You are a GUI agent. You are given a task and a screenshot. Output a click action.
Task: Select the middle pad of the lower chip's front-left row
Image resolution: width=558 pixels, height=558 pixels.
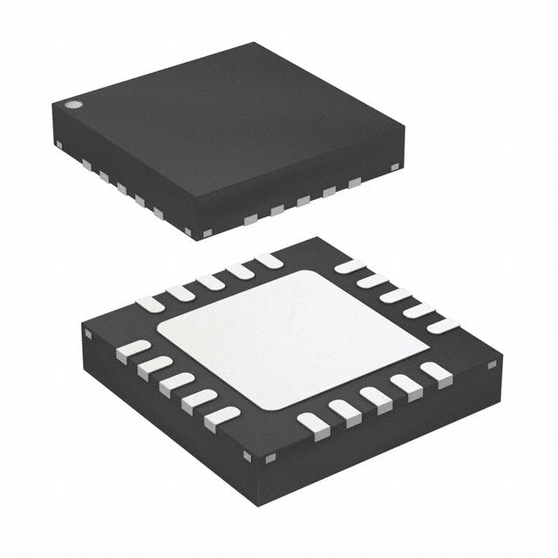[177, 384]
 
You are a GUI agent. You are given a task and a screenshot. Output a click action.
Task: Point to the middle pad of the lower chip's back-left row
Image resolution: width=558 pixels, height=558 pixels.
[210, 282]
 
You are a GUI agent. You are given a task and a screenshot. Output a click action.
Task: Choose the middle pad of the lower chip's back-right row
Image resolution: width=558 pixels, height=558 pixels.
[397, 295]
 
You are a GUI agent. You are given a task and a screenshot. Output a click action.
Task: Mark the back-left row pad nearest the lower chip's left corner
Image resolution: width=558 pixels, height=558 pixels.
[151, 303]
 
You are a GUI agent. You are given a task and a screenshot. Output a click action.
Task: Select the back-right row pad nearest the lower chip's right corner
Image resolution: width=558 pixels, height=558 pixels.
[444, 326]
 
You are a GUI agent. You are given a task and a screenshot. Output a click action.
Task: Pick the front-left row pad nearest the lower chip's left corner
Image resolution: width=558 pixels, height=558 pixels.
[133, 349]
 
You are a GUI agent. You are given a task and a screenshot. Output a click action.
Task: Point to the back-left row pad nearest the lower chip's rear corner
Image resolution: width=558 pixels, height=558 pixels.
[269, 260]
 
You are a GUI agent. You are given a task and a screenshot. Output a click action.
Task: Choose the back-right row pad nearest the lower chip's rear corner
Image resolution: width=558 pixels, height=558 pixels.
[350, 266]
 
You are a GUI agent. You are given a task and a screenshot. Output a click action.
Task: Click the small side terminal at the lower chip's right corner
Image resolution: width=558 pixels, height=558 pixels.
[493, 360]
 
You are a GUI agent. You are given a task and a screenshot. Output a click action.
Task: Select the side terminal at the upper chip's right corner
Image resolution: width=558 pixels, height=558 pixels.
[395, 165]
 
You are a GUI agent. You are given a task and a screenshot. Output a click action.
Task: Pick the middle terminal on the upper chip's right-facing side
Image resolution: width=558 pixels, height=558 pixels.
[303, 201]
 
